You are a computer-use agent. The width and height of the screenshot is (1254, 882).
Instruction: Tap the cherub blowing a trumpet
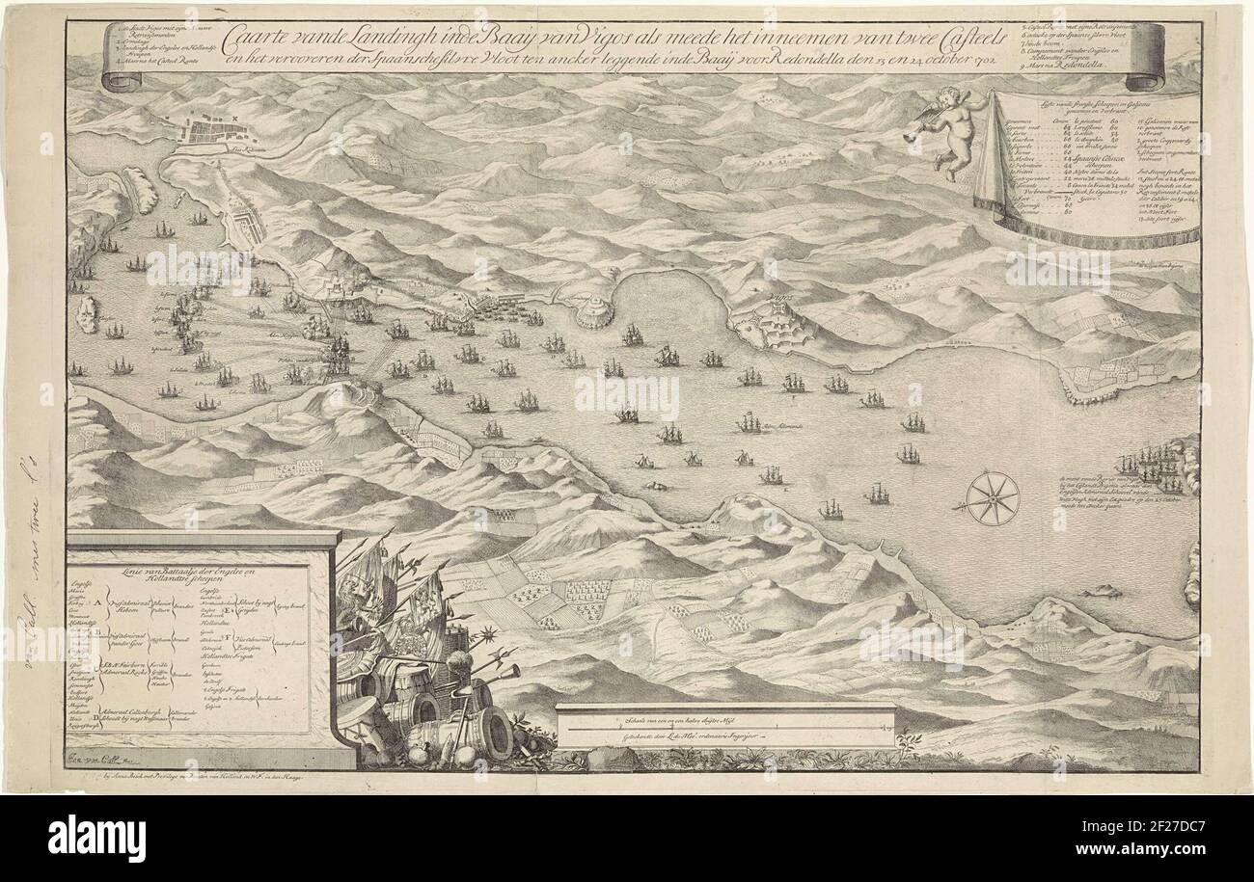tap(940, 129)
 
